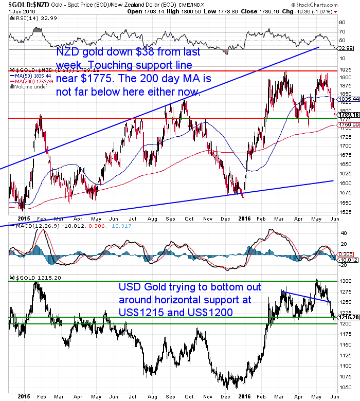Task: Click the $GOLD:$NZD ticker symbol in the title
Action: pyautogui.click(x=21, y=5)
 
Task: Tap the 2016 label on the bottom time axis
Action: pyautogui.click(x=244, y=396)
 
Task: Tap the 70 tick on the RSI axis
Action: pyautogui.click(x=340, y=32)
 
